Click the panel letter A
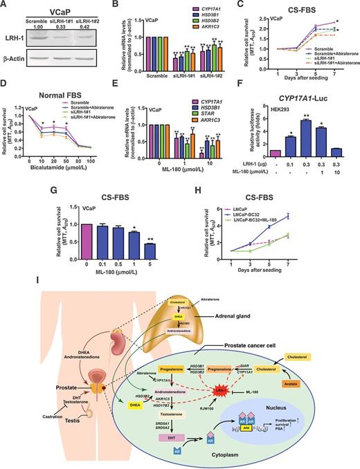[5, 5]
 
